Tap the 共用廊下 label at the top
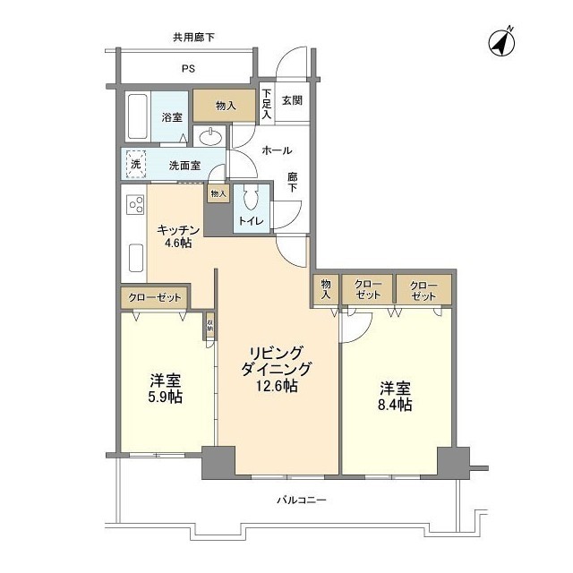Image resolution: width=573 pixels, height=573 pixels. click(x=193, y=37)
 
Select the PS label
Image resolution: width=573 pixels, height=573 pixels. click(x=189, y=69)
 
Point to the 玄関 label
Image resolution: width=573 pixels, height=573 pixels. click(x=292, y=100)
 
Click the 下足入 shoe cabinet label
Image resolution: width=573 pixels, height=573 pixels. click(x=266, y=106)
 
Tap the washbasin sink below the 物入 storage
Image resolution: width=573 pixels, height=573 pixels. click(x=212, y=137)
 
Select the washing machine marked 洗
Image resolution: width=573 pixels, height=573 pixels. click(x=135, y=165)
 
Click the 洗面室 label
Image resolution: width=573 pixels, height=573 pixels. click(x=184, y=166)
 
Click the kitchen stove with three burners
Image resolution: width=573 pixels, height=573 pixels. click(x=135, y=206)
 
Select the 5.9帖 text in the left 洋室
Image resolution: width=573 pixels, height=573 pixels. click(x=165, y=397)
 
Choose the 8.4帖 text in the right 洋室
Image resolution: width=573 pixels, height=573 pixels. click(x=395, y=406)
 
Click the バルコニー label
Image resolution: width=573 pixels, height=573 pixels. click(x=295, y=500)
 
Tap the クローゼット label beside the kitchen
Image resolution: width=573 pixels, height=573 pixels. click(x=155, y=296)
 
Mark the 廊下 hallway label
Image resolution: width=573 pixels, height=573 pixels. click(x=292, y=182)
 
